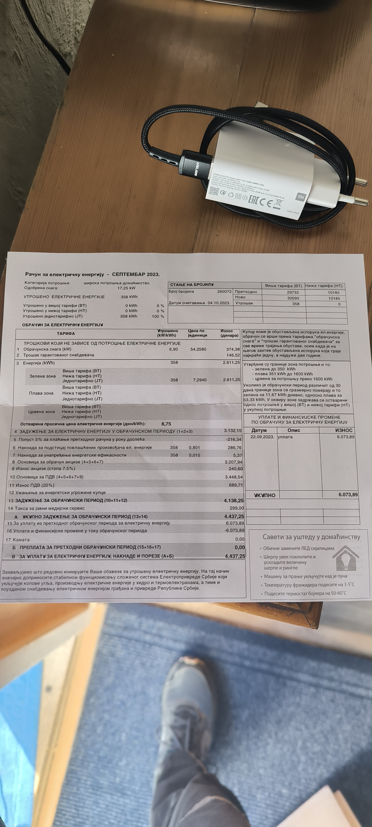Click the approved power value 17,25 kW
point(126,288)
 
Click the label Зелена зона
point(42,376)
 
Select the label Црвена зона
point(41,412)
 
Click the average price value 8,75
point(166,424)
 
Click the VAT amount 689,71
point(236,485)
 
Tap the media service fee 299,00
point(237,508)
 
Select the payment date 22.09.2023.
point(262,437)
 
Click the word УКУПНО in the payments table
point(265,495)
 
